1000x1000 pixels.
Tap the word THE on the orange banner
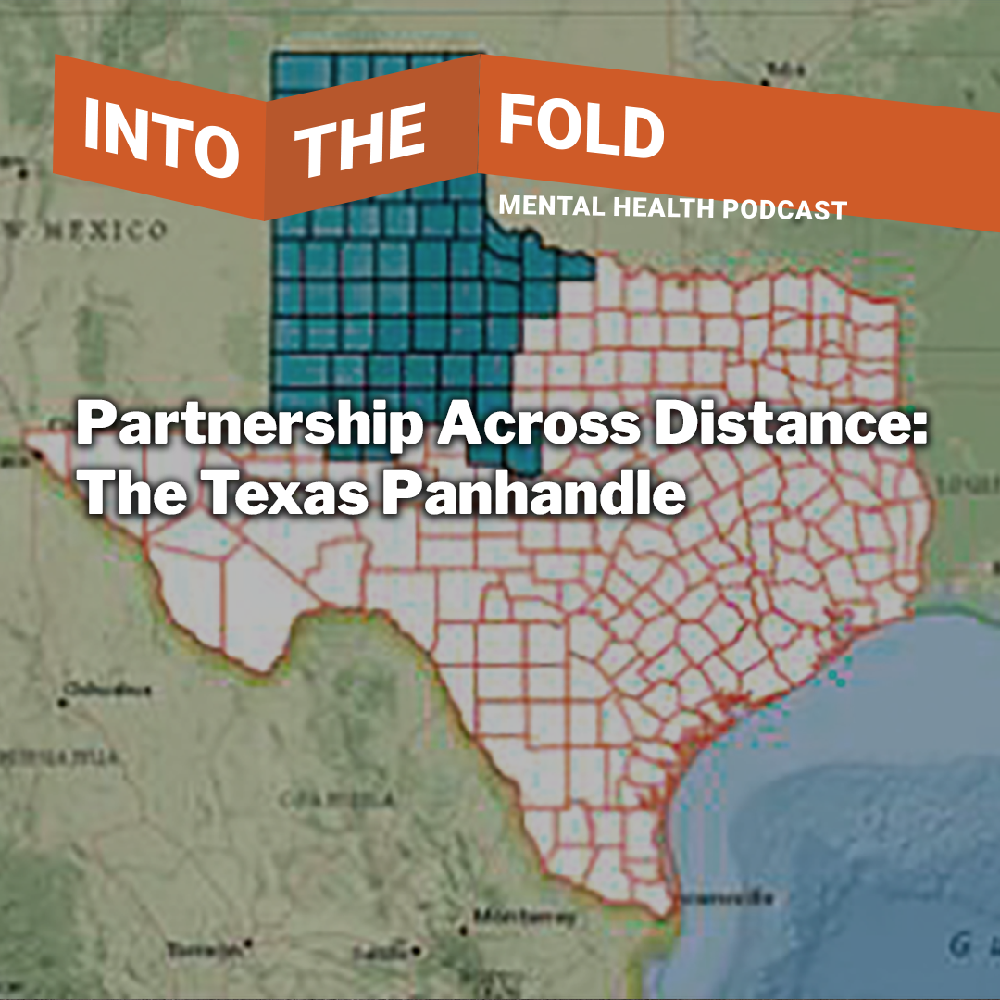pos(360,139)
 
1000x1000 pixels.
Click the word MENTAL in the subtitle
pos(552,206)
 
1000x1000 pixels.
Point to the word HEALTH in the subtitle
pos(665,208)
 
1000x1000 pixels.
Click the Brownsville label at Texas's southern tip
pos(732,898)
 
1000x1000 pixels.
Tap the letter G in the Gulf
pos(956,944)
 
